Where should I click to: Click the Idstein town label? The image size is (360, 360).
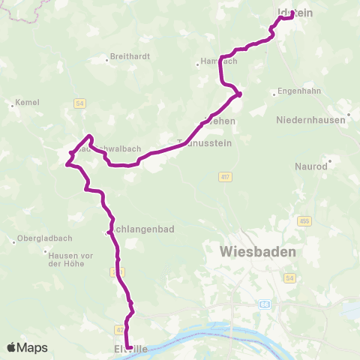click(294, 13)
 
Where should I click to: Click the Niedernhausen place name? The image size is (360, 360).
click(310, 120)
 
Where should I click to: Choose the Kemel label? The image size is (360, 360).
click(27, 102)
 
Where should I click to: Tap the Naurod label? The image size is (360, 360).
click(311, 166)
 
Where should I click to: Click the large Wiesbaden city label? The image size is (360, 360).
click(256, 251)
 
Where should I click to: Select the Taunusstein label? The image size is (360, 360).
click(205, 142)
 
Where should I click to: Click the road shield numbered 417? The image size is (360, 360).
click(224, 177)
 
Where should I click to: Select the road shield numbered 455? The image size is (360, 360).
click(304, 220)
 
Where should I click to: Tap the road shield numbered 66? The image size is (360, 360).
click(265, 304)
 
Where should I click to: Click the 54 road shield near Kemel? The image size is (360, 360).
click(79, 102)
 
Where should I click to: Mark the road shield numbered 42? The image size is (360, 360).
click(120, 329)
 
